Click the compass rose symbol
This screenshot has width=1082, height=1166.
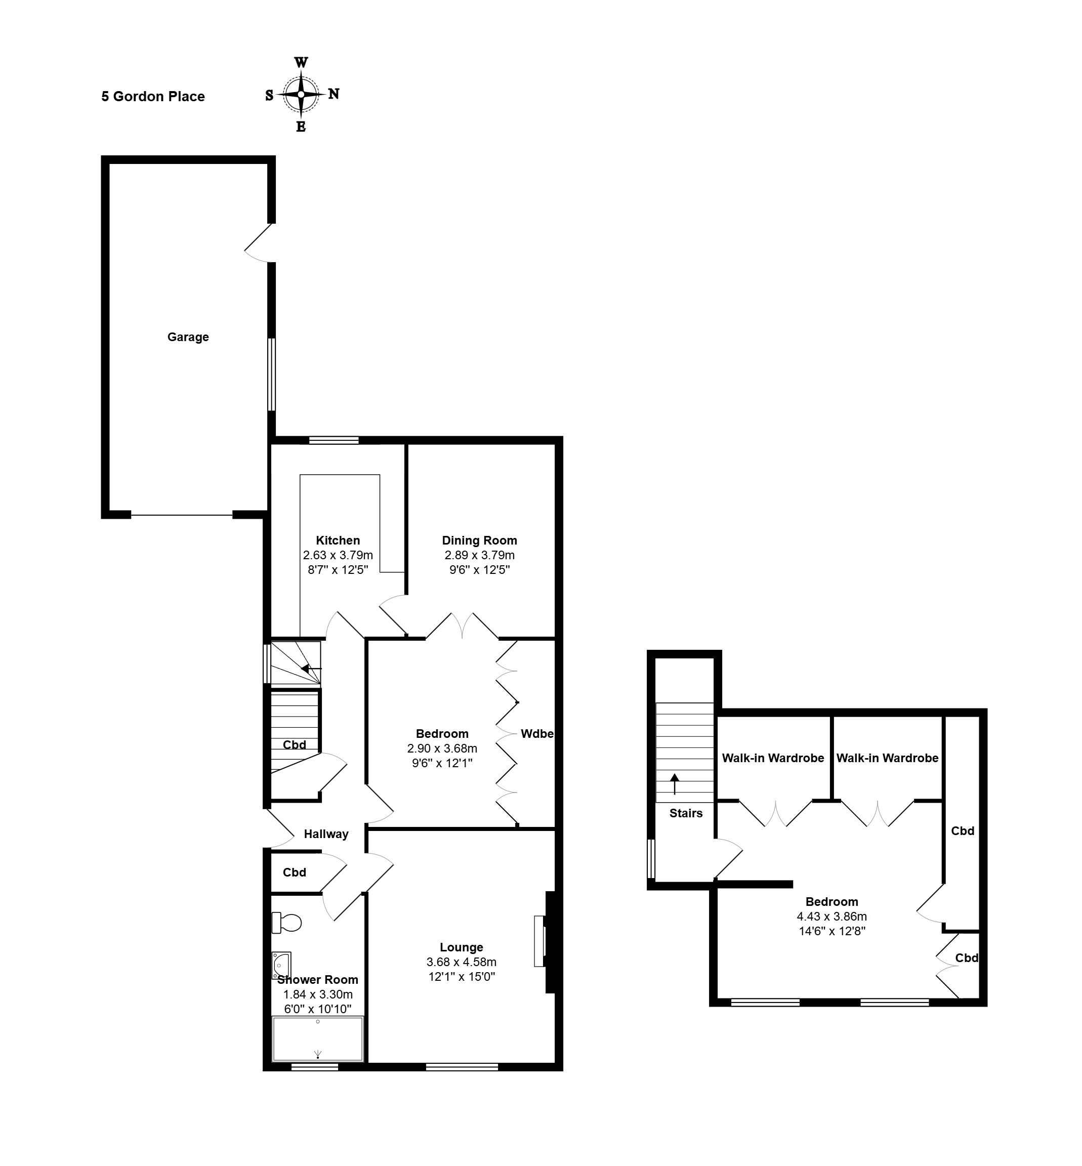(301, 94)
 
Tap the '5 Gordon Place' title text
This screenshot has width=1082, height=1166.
(153, 97)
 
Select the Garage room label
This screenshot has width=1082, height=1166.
(188, 337)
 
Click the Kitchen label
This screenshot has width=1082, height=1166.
(338, 540)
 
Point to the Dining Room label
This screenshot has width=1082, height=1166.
(480, 540)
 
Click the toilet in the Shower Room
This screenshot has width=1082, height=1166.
(286, 923)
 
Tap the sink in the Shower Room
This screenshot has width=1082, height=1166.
(281, 965)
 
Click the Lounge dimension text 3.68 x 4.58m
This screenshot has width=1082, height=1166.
(462, 962)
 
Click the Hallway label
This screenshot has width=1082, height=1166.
(326, 834)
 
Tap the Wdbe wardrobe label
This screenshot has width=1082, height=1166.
(537, 733)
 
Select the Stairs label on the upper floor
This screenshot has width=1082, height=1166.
(686, 813)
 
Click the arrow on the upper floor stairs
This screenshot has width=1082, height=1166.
(675, 784)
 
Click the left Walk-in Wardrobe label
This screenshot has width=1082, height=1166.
(773, 758)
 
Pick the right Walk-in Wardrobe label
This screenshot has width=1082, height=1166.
(887, 758)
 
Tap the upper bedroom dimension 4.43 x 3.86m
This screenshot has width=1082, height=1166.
(831, 917)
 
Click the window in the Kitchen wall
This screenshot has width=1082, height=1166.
(334, 440)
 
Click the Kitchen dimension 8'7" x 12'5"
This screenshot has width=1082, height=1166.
(338, 569)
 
